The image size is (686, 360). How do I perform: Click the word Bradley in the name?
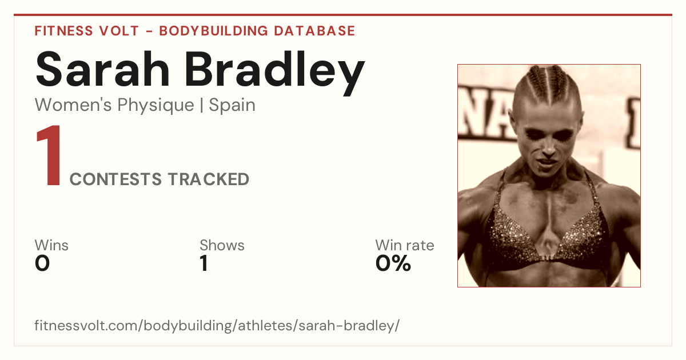coord(275,73)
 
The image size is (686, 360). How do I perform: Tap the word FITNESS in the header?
coord(63,31)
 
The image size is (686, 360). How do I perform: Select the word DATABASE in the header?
coord(314,31)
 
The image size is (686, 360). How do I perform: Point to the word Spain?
coord(232,105)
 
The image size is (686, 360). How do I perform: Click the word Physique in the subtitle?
coord(155,106)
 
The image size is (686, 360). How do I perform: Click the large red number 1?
coord(49,155)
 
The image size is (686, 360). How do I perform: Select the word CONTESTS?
coord(115,179)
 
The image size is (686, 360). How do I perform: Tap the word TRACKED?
coord(208,179)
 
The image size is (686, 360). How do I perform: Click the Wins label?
coord(51,245)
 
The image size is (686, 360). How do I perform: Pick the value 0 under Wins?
coord(42,263)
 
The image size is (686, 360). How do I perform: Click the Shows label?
coord(222,245)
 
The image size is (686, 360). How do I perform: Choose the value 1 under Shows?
coord(204,263)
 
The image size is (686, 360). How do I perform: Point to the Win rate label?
coord(405,245)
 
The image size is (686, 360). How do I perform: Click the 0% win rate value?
coord(393,263)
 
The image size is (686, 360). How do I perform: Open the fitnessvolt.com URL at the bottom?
coord(217,325)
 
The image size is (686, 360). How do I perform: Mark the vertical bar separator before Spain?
coord(201,105)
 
